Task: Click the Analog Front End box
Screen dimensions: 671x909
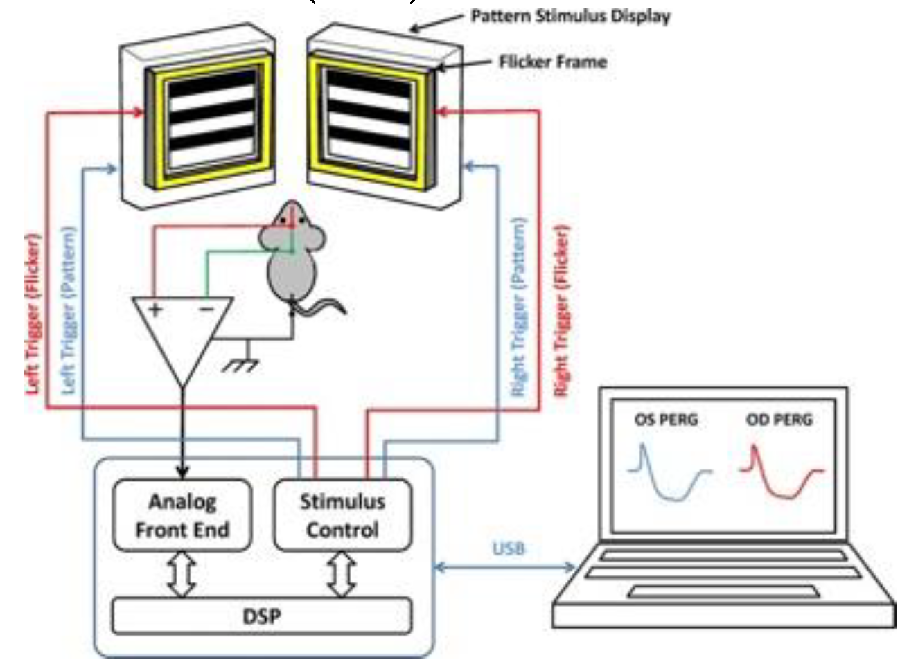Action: (182, 515)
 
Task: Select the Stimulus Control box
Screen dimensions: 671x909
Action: (342, 515)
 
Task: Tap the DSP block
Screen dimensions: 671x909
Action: (262, 615)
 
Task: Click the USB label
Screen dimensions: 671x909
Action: (509, 548)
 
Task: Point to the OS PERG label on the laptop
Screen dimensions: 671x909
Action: (666, 420)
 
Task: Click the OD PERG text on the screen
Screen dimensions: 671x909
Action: (779, 420)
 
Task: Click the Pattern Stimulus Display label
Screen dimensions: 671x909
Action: (570, 15)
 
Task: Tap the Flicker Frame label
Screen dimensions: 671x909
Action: (552, 62)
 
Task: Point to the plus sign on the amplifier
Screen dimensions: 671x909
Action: (155, 309)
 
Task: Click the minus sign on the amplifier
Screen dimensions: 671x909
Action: (206, 309)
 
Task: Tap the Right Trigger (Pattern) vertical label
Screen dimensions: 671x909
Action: (518, 308)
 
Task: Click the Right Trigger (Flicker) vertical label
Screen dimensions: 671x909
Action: (562, 312)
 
